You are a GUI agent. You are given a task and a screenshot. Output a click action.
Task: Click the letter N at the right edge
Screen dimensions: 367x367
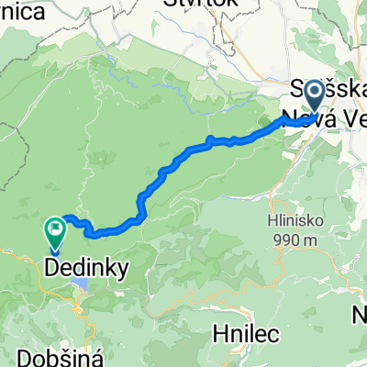click(x=360, y=316)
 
